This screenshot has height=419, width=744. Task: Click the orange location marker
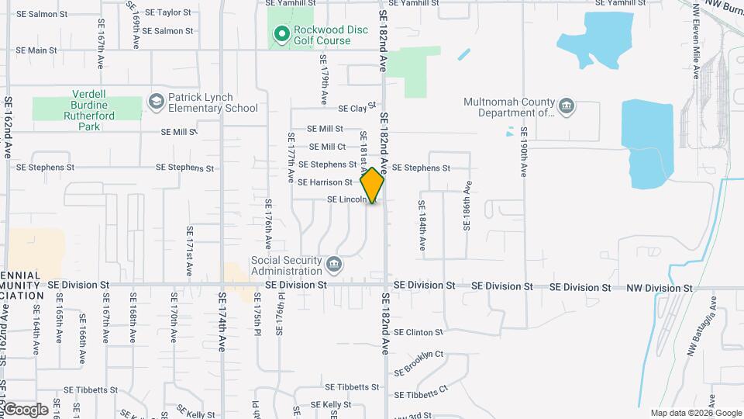pos(373,185)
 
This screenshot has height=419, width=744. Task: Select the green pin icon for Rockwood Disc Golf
pos(281,34)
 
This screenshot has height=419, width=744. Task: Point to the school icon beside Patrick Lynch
pos(157,102)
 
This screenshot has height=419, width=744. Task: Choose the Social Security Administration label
pos(286,265)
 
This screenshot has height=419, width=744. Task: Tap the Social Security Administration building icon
pos(334,265)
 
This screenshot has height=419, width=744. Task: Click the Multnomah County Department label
pos(509,107)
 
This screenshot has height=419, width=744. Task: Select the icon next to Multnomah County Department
pos(567,106)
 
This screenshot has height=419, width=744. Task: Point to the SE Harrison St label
pos(325,182)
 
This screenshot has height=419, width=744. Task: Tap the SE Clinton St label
pos(418,332)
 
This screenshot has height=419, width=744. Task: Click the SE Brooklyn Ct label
pos(418,362)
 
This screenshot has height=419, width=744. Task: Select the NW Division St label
pos(659,288)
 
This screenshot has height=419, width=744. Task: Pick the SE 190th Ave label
pos(525,150)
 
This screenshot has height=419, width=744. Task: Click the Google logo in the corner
pos(25,410)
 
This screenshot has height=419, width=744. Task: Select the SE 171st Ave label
pos(189,251)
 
